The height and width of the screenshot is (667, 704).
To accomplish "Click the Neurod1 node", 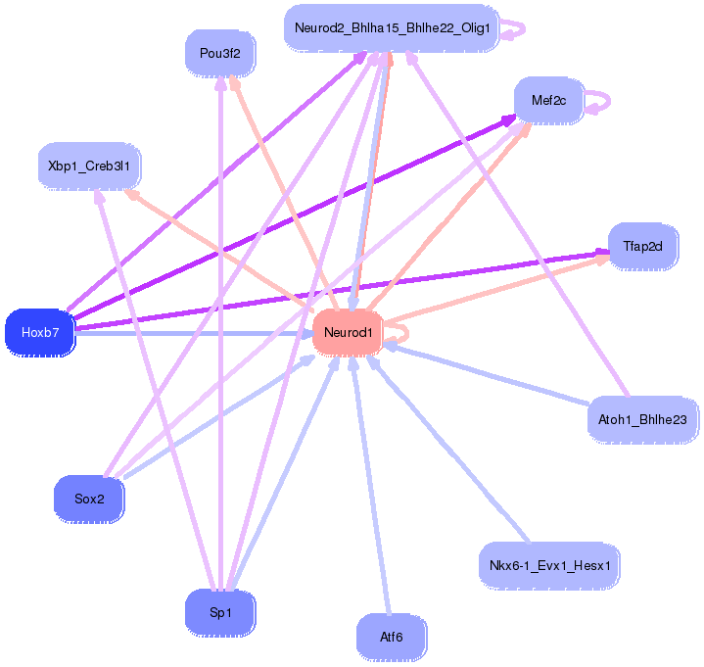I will point(348,333).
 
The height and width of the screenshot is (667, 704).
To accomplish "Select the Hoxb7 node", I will point(40,333).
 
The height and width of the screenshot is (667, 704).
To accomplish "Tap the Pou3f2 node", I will point(219,53).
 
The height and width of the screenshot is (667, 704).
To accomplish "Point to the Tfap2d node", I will point(642,246).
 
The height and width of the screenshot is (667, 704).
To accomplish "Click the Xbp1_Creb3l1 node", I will point(89,166).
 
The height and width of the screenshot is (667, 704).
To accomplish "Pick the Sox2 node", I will point(88,499).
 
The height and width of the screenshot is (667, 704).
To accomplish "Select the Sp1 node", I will point(220,613).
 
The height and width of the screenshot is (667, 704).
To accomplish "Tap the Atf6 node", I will point(391,637).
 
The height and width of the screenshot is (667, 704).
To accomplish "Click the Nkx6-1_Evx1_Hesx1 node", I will point(549,565).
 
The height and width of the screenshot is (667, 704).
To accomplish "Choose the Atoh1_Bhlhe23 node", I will point(642,420).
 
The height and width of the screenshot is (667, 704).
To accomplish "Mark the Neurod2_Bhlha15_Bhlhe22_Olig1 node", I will point(392,27).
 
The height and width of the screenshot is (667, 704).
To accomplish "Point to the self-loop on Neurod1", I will point(398,333).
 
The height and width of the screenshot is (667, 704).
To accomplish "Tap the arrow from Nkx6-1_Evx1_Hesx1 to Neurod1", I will point(450,451).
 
